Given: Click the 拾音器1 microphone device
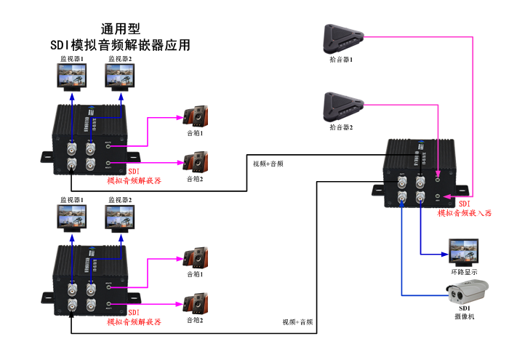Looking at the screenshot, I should tap(341, 37).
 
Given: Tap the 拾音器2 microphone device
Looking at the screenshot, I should tap(342, 108).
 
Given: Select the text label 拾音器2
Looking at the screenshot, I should tap(341, 127).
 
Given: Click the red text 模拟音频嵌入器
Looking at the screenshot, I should tap(464, 213).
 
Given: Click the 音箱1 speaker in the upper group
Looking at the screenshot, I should tap(196, 116).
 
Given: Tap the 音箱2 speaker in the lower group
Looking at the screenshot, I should tap(196, 303).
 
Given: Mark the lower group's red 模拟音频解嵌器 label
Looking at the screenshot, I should tap(134, 321).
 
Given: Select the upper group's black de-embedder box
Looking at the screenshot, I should tap(90, 137).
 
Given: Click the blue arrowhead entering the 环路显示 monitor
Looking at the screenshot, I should tap(442, 254).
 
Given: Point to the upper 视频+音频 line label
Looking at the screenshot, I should tap(268, 164).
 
